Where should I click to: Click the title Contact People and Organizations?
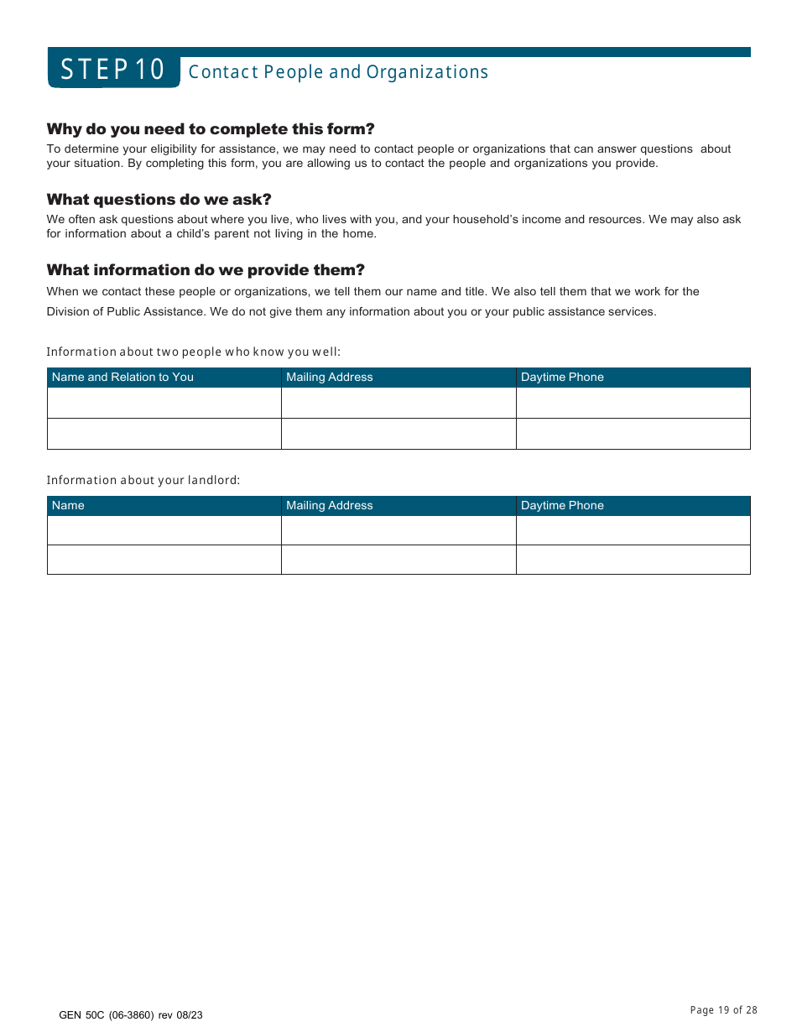[338, 72]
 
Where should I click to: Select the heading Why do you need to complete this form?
[211, 129]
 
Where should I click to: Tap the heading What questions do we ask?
[159, 200]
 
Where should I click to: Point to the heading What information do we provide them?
[206, 270]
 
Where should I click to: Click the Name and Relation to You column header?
[122, 378]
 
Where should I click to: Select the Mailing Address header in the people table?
[329, 378]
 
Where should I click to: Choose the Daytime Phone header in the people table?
[562, 378]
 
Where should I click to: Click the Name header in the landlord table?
[68, 506]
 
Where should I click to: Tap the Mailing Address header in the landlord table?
[329, 506]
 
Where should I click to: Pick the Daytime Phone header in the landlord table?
[562, 506]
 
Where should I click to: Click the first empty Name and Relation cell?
[164, 403]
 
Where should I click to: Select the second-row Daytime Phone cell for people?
[633, 434]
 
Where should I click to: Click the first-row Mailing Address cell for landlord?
[398, 530]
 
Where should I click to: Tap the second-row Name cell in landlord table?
[164, 560]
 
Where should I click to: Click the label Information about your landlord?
[143, 481]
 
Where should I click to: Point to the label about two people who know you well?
[194, 352]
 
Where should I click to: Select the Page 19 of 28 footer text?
[723, 1010]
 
